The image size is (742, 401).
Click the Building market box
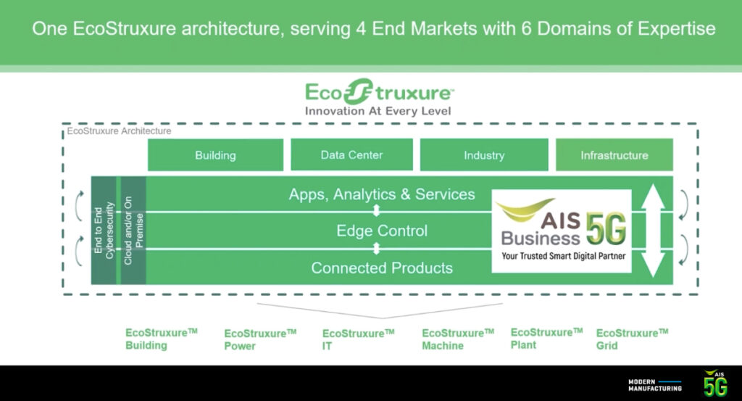coord(215,155)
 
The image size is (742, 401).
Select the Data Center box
coord(351,154)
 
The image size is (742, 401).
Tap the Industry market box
coord(484,155)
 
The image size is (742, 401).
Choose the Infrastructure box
coord(614,155)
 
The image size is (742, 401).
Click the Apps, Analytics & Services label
coord(382,194)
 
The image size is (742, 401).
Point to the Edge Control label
coord(382,231)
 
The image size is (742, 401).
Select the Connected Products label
coord(382,268)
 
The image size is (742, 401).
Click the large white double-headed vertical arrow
coord(653,231)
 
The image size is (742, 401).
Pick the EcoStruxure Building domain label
coord(161,339)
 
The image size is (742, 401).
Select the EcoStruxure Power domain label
coord(259,339)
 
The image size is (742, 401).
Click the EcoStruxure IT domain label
coord(358,339)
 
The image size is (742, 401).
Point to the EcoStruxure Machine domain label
coord(457,339)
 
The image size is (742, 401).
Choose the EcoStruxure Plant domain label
coord(546,338)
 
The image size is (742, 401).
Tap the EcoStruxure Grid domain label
coord(631,339)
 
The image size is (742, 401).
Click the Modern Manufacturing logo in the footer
coord(654,384)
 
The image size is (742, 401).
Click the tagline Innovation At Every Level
coord(378,111)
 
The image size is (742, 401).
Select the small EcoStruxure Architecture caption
coord(119,131)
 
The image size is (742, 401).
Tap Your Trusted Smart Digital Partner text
coord(562,256)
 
